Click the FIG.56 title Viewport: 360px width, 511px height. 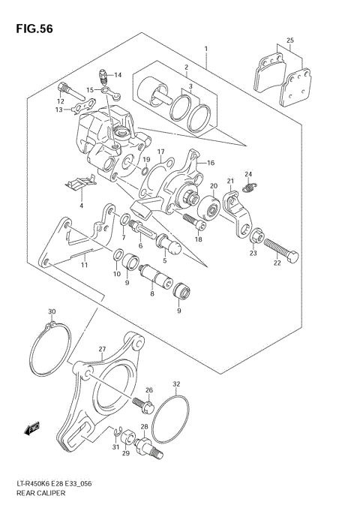[31, 28]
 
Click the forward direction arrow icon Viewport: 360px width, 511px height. [31, 429]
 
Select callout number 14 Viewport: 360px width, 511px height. [118, 75]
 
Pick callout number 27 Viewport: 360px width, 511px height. [102, 348]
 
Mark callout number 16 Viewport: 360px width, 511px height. [211, 163]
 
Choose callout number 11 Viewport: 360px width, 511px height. [85, 265]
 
